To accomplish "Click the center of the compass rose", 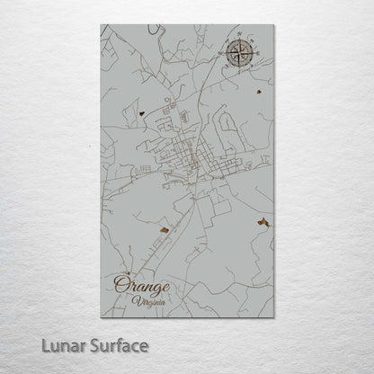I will click(242, 51).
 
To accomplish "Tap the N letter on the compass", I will click(242, 35).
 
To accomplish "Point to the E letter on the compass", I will click(259, 51).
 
